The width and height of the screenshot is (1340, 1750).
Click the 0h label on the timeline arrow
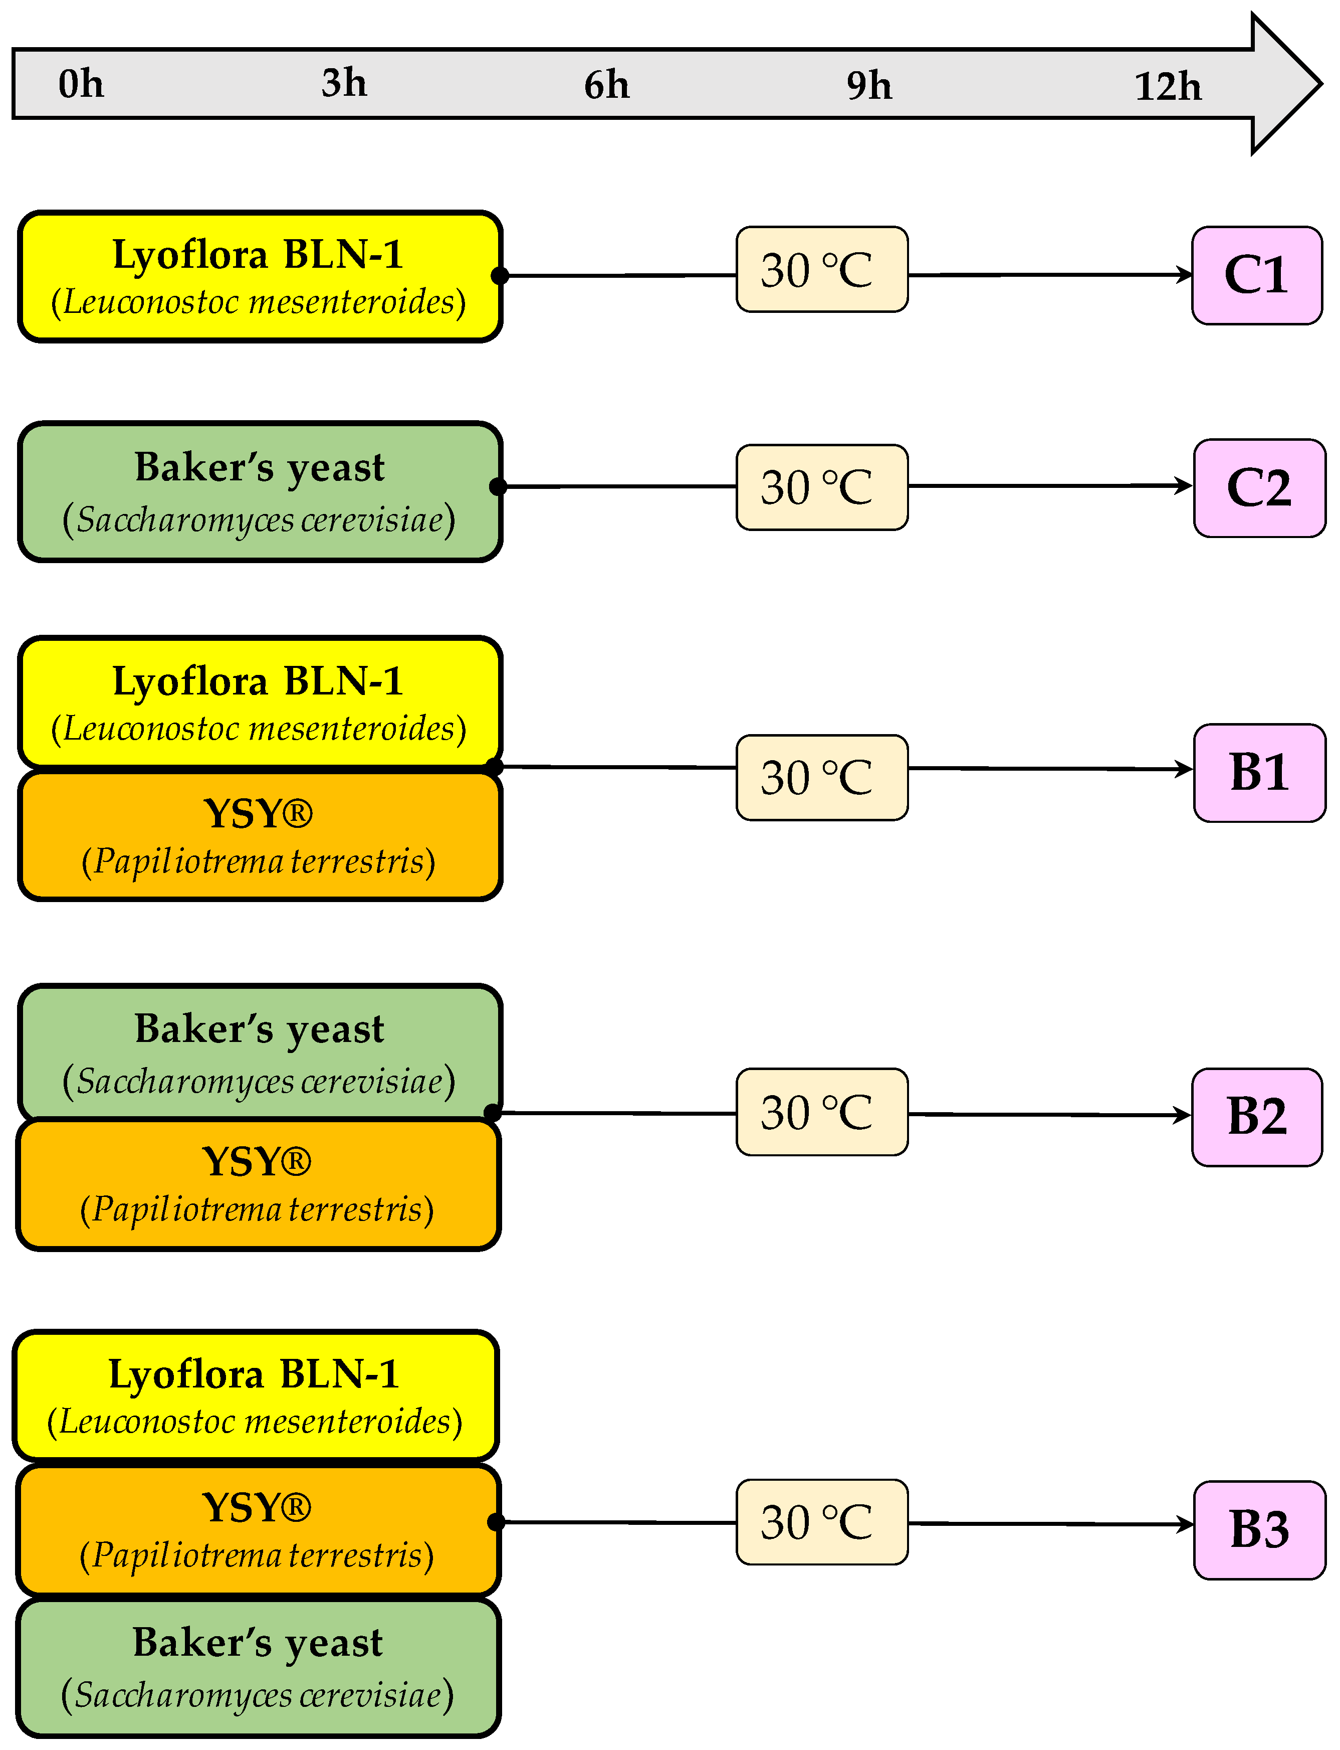click(x=81, y=84)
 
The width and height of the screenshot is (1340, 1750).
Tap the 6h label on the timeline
click(x=606, y=85)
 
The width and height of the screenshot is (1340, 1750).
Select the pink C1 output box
click(x=1256, y=275)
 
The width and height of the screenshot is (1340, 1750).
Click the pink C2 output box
click(x=1259, y=487)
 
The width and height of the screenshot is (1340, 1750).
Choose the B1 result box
click(x=1259, y=773)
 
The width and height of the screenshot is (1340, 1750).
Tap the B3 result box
click(x=1259, y=1530)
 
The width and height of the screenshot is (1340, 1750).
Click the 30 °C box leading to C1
click(x=821, y=270)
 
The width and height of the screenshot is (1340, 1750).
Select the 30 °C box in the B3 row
click(x=821, y=1522)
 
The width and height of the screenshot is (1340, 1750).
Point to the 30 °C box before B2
click(x=821, y=1112)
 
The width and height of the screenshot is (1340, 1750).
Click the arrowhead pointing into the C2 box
click(x=1185, y=485)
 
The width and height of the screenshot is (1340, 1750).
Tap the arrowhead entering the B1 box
click(x=1185, y=769)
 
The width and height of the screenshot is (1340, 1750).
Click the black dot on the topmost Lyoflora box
click(x=499, y=275)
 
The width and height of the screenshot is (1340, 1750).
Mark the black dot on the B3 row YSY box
click(x=495, y=1522)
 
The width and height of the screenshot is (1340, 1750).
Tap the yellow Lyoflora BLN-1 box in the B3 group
click(x=255, y=1395)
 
